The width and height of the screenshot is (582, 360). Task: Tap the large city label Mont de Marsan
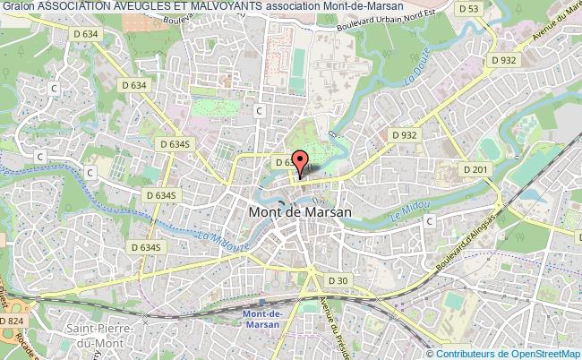(x=299, y=213)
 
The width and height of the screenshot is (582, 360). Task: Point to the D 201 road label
(x=475, y=169)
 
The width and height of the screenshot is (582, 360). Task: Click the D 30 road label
(x=338, y=280)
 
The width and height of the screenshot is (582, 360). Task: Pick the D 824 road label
(x=12, y=321)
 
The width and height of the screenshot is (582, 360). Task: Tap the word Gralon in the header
(x=18, y=7)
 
